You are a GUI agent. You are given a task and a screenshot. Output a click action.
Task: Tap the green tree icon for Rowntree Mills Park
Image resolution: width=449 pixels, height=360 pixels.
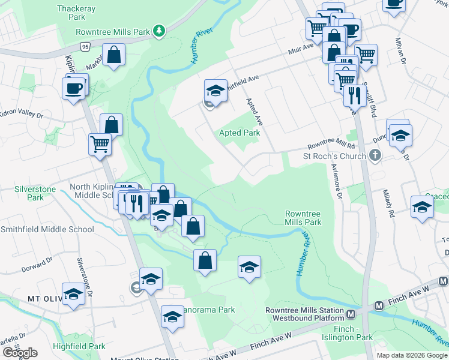click(x=158, y=30)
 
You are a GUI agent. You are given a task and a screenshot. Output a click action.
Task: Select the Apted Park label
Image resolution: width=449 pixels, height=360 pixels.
click(x=239, y=133)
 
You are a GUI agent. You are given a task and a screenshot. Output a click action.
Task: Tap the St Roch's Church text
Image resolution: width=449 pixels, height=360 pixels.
click(x=334, y=157)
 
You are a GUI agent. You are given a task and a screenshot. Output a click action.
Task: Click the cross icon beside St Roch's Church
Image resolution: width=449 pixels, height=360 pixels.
click(x=375, y=157)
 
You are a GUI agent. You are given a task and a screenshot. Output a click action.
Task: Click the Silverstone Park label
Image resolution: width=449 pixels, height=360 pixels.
click(x=35, y=193)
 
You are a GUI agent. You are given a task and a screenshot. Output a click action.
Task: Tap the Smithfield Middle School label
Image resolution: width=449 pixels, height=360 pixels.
click(x=47, y=229)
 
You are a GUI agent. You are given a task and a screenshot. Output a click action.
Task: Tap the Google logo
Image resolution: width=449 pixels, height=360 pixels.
click(x=20, y=353)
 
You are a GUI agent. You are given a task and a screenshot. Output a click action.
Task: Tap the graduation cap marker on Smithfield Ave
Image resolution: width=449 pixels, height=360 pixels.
click(x=215, y=92)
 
